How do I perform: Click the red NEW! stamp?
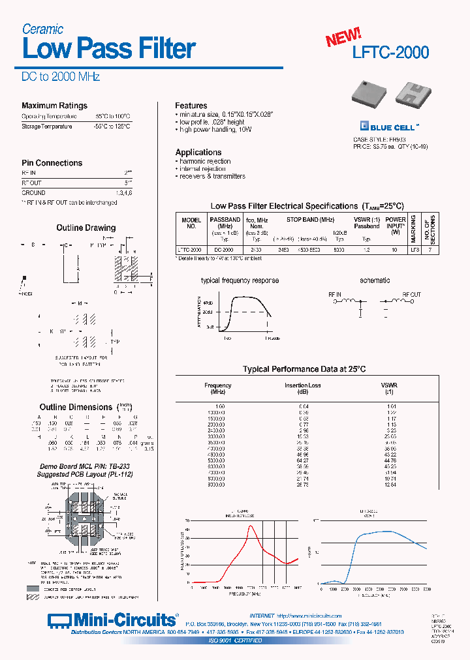[343, 38]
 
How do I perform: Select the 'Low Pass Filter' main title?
[109, 49]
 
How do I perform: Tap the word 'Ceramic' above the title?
[42, 29]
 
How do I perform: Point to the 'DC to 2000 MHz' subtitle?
[61, 77]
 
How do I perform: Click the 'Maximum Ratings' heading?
[54, 106]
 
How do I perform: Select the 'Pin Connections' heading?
[52, 163]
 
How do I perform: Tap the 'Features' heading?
[191, 106]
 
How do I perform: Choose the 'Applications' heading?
[198, 153]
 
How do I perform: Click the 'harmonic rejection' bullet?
[204, 161]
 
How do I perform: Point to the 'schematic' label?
[375, 280]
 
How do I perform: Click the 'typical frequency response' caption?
[240, 280]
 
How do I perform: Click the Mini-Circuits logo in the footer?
[112, 620]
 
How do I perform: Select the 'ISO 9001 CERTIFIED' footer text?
[235, 640]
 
